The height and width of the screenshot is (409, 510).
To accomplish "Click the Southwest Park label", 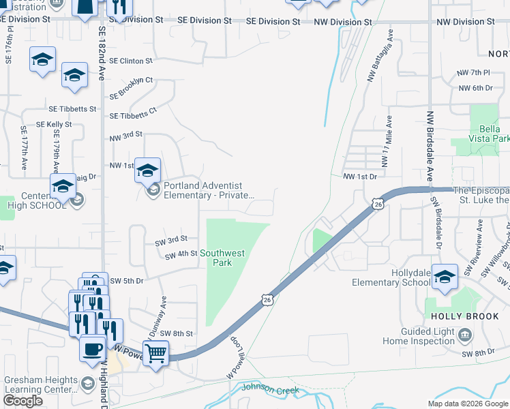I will [227, 258].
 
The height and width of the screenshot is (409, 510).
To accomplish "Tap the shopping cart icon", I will [156, 353].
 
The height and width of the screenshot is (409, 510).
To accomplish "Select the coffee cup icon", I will [93, 349].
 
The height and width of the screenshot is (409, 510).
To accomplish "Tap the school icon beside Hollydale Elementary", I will [445, 277].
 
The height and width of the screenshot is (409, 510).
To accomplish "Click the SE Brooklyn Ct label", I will [130, 86].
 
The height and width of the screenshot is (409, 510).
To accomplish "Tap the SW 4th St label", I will [181, 254].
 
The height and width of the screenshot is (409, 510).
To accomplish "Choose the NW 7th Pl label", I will [475, 72].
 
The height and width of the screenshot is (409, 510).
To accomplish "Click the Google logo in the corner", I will [22, 401].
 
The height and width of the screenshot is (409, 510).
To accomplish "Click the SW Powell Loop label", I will [236, 359].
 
